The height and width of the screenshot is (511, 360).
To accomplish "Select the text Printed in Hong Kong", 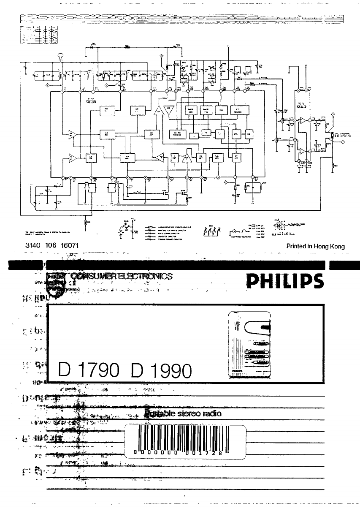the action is click(315, 246).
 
